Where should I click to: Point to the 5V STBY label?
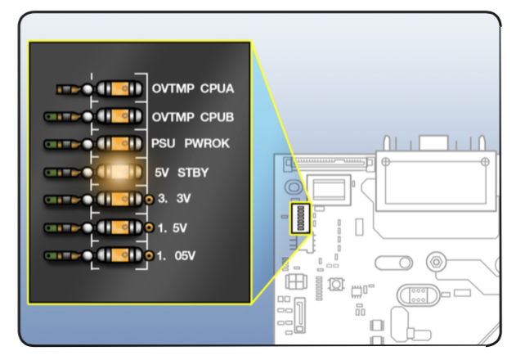pos(182,172)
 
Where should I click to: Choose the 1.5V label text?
pos(173,226)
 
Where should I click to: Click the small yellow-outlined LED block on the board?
pos(300,218)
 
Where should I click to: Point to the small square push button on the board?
pos(335,286)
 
